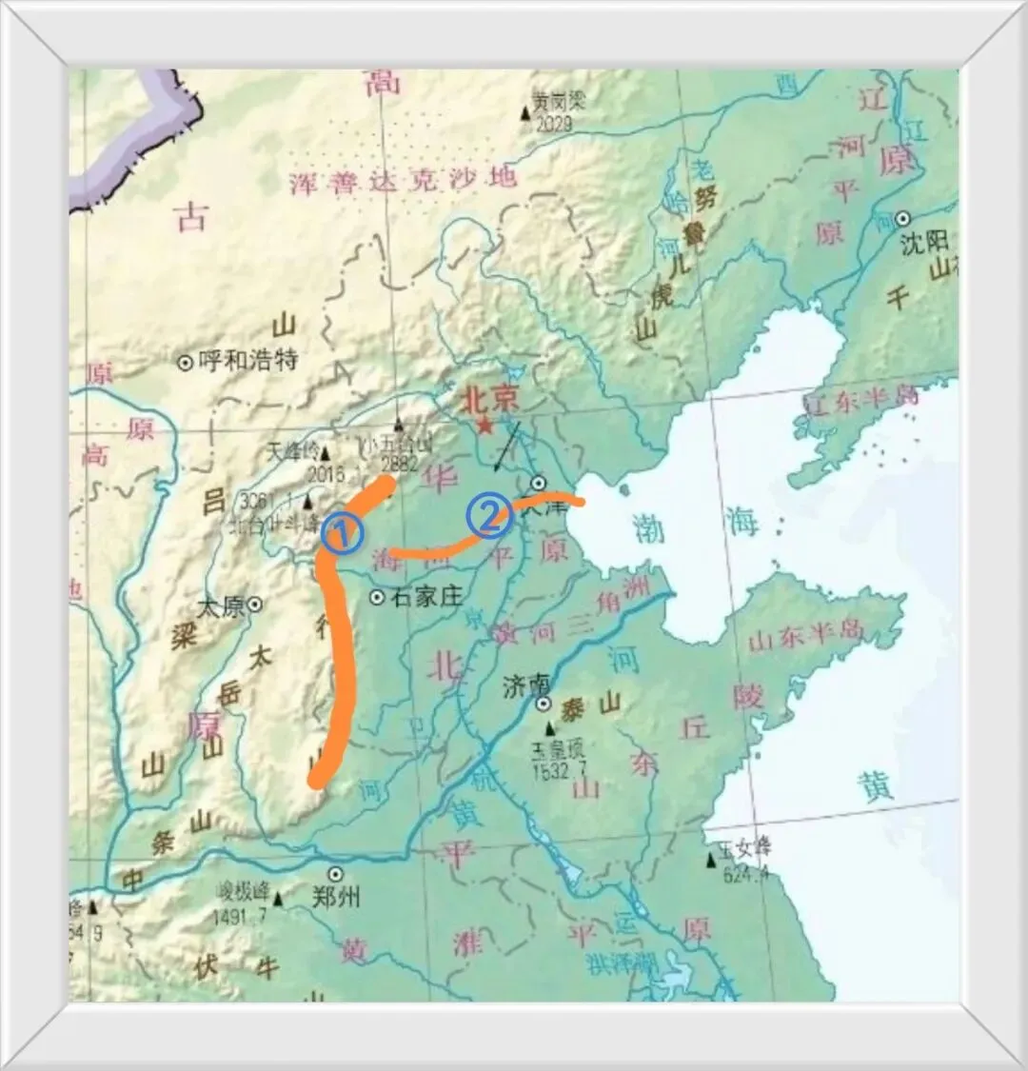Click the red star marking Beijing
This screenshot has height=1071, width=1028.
485,426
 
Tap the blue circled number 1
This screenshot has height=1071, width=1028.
343,534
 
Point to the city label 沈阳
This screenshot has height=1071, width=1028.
924,243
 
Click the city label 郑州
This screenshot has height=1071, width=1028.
336,896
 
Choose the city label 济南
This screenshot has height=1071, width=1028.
525,684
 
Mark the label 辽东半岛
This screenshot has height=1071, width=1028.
861,401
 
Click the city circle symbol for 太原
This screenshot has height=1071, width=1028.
254,604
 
